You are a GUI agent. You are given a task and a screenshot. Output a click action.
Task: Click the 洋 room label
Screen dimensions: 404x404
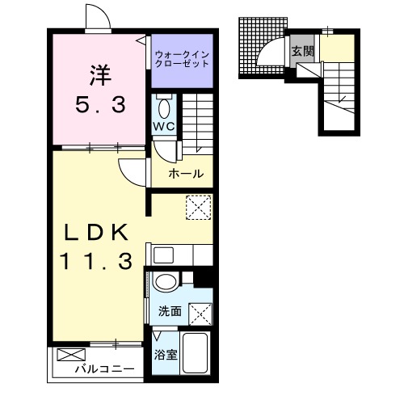click(x=100, y=75)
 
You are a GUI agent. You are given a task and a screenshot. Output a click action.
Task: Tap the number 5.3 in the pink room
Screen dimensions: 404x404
click(x=100, y=105)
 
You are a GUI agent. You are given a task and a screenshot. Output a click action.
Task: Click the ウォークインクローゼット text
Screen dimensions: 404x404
click(x=183, y=59)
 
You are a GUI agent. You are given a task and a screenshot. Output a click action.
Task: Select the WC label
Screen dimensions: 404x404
click(x=164, y=126)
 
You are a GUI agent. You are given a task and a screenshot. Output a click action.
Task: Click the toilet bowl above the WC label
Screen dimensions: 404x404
click(x=164, y=108)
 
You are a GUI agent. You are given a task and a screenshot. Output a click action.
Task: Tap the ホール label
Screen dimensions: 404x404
click(x=186, y=174)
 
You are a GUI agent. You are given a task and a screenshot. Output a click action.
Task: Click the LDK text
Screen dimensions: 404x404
click(x=96, y=233)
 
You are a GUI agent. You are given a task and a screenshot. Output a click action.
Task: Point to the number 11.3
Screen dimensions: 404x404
click(x=97, y=261)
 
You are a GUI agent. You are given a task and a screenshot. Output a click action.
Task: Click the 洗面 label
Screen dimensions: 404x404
click(x=170, y=311)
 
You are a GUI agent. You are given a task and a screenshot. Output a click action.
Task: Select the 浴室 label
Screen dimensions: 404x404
click(x=166, y=355)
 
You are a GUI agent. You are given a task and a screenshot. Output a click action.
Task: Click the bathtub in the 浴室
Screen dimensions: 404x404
click(x=195, y=353)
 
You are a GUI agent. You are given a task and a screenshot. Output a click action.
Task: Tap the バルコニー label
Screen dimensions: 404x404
click(x=105, y=368)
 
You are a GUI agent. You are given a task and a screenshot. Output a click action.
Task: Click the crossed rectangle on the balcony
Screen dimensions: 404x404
click(x=71, y=355)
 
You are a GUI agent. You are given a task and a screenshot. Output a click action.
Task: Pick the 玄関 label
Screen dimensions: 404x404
click(x=303, y=51)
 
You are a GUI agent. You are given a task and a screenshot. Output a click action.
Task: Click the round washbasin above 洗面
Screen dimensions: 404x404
click(x=166, y=281)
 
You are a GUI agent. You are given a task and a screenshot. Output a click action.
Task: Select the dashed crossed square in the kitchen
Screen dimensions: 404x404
click(x=199, y=208)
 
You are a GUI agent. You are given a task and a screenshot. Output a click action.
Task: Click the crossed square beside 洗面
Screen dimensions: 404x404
click(x=200, y=314)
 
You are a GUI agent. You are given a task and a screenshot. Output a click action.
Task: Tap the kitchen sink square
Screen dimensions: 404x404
click(x=163, y=255)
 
